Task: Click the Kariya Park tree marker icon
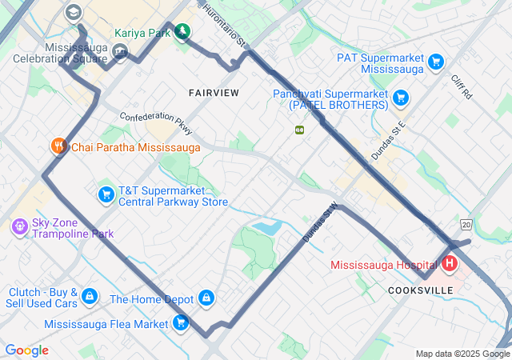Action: click(184, 32)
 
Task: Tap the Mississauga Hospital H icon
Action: click(449, 263)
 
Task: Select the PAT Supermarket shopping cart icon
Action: click(435, 62)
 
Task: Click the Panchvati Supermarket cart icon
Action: click(401, 98)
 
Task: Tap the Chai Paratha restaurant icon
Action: click(58, 146)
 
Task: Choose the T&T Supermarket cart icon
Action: click(106, 194)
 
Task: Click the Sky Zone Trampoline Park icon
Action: click(20, 227)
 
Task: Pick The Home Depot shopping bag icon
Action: click(207, 298)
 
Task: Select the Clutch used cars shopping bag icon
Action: click(90, 296)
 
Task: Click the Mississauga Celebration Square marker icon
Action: click(120, 52)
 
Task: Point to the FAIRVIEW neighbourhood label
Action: click(214, 93)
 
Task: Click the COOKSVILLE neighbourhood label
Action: click(414, 290)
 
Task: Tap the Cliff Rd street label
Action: click(462, 86)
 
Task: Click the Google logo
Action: click(26, 350)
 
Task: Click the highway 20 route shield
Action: click(466, 226)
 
